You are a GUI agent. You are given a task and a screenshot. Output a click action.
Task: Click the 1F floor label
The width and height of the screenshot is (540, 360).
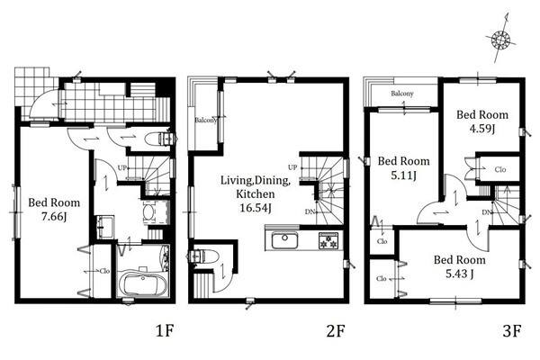[x=165, y=331]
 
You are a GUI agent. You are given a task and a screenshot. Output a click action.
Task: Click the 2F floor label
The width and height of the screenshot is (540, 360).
[x=335, y=331]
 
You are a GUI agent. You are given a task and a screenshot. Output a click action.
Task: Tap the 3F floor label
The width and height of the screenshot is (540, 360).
[x=511, y=331]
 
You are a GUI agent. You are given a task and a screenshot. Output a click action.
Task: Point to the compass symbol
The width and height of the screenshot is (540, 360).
[x=501, y=39]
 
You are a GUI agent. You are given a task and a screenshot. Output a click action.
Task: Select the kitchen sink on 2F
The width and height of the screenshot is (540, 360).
[x=284, y=240]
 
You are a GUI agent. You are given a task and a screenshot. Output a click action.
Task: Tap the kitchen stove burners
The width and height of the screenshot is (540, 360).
[x=328, y=240]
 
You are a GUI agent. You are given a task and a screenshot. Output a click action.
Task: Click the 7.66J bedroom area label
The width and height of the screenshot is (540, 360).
[x=54, y=217]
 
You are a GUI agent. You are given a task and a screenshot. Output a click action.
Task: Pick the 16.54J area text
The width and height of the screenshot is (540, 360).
[x=256, y=208]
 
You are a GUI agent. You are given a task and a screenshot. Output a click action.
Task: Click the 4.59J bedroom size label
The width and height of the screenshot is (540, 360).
[x=482, y=129]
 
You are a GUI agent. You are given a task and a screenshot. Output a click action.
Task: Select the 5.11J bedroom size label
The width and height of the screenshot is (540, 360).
[x=403, y=175]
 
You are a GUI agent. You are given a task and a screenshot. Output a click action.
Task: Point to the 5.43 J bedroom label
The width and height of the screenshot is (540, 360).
[x=459, y=274]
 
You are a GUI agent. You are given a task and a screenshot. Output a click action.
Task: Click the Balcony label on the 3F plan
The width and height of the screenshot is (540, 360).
[x=402, y=94]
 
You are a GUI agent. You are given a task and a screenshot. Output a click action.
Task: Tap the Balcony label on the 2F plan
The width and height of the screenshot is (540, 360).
[x=205, y=121]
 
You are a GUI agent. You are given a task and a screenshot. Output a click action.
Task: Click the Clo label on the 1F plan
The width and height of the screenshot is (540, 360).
[x=104, y=271]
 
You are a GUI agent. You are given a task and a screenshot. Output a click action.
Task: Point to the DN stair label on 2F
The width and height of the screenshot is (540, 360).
[x=310, y=211]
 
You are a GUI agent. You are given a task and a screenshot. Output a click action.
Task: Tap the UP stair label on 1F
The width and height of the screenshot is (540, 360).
[x=121, y=168]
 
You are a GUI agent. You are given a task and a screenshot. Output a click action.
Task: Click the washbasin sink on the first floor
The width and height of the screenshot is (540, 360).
[x=105, y=227]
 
